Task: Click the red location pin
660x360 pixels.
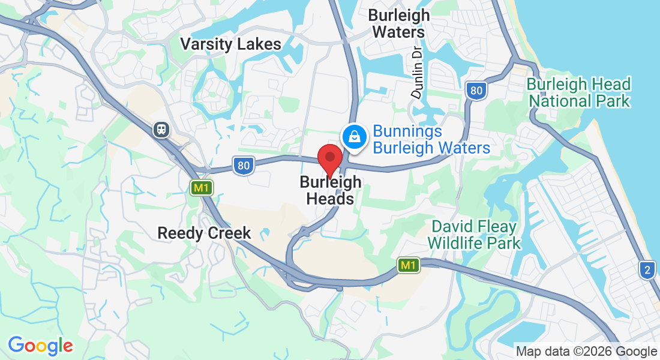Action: (329, 158)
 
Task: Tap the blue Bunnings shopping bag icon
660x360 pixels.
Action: (355, 136)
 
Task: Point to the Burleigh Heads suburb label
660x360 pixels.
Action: (331, 190)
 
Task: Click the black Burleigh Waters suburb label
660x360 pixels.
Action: (399, 23)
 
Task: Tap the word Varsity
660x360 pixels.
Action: (207, 44)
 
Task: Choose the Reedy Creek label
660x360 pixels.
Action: (204, 233)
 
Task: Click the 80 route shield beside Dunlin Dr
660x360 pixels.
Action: (476, 91)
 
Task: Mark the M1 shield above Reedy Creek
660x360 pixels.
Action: (201, 188)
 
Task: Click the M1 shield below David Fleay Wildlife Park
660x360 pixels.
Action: (408, 265)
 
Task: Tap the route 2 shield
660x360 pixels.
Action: (646, 270)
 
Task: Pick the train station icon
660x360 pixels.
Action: (161, 129)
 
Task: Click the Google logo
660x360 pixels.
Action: (40, 346)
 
